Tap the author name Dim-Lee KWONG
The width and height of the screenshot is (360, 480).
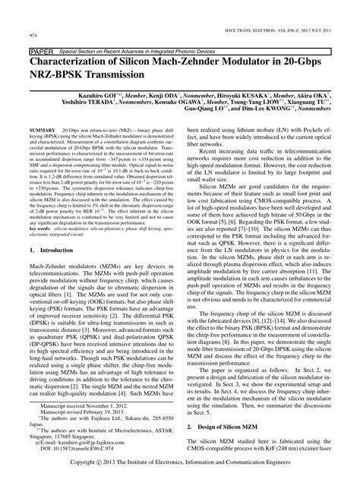[240, 118]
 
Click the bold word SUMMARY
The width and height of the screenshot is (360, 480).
[42, 131]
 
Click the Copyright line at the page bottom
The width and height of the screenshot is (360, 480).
[179, 471]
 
